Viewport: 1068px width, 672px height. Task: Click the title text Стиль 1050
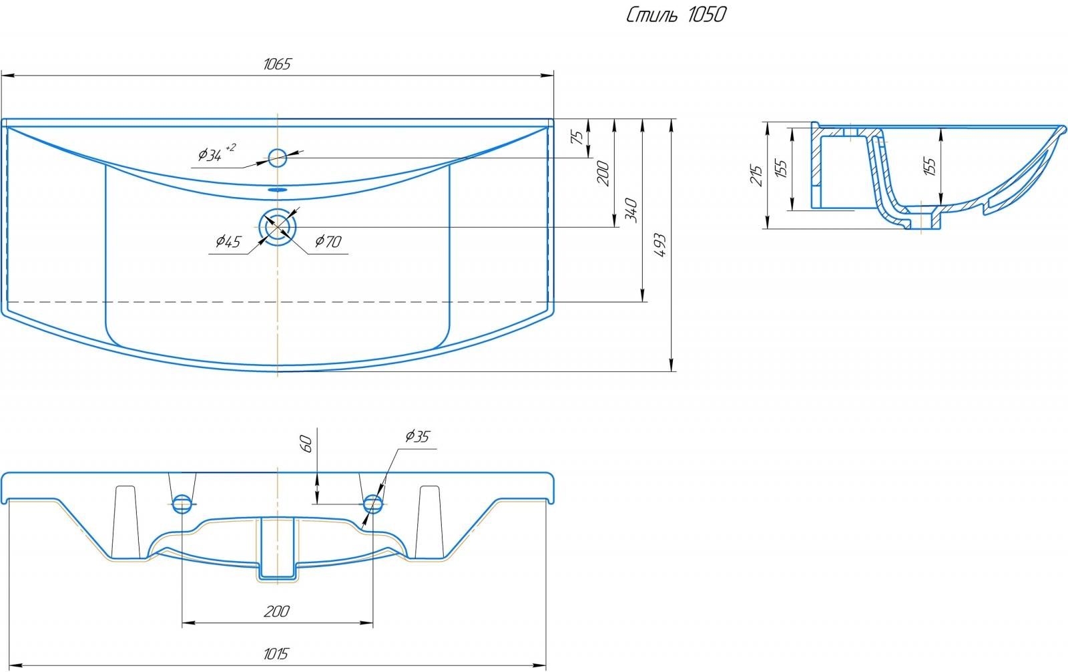tap(676, 15)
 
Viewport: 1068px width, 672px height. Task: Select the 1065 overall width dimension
tap(277, 64)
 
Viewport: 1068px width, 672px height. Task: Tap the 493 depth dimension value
tap(659, 246)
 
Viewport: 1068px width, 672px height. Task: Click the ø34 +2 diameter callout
tap(216, 154)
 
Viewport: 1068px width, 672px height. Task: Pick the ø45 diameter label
tap(228, 242)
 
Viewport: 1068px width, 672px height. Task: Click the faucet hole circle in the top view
tap(277, 158)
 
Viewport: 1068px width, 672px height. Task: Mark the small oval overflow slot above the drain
tap(277, 190)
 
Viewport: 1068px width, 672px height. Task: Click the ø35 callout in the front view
tap(417, 437)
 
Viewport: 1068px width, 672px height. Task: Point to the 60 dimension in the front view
tap(306, 443)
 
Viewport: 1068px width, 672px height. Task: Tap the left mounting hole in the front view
tap(182, 504)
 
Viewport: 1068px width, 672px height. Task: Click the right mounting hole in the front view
tap(372, 503)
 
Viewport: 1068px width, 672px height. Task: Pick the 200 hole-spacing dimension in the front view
tap(277, 611)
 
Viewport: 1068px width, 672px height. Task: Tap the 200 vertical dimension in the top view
tap(603, 173)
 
